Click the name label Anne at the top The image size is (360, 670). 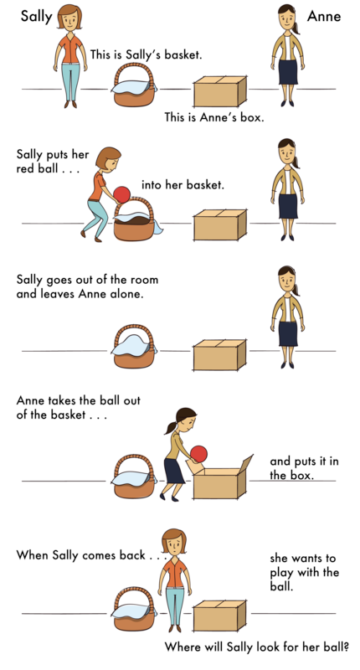point(324,16)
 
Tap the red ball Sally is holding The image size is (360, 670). point(122,195)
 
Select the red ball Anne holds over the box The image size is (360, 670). point(198,455)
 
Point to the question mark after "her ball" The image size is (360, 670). point(347,647)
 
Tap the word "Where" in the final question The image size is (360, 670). point(184,647)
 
